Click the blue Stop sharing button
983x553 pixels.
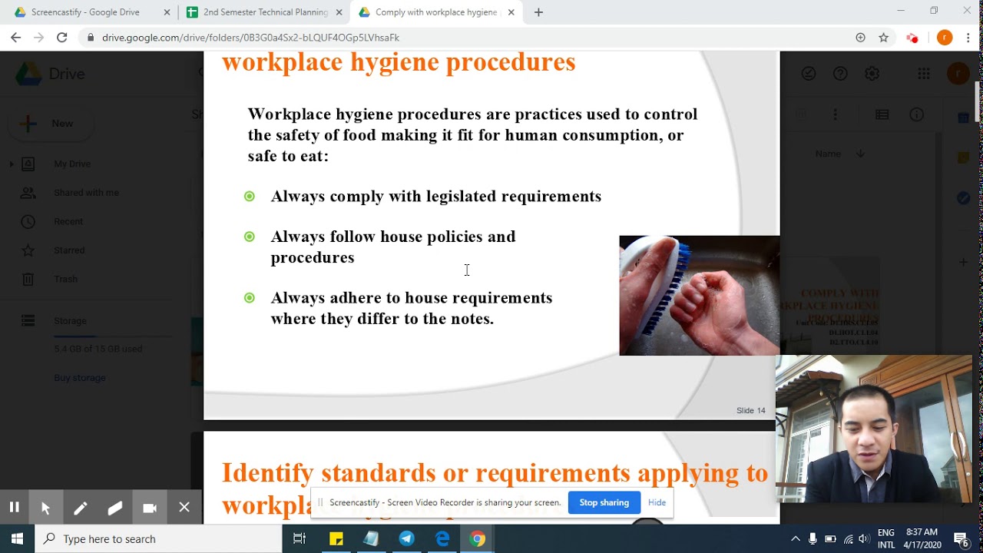(604, 502)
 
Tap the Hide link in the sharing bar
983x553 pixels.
(657, 502)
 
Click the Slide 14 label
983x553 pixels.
(750, 410)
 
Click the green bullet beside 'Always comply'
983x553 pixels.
(249, 197)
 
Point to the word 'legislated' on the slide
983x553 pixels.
(461, 197)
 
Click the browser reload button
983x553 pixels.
(62, 38)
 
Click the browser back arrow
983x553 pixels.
(16, 38)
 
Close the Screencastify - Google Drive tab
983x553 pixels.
(167, 12)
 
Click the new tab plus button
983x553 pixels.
(538, 12)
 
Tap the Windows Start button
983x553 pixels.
(17, 538)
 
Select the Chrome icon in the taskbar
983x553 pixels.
(478, 538)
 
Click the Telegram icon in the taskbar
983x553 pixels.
(406, 538)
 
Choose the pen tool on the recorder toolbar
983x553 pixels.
(81, 508)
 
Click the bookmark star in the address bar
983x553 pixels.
(883, 38)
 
